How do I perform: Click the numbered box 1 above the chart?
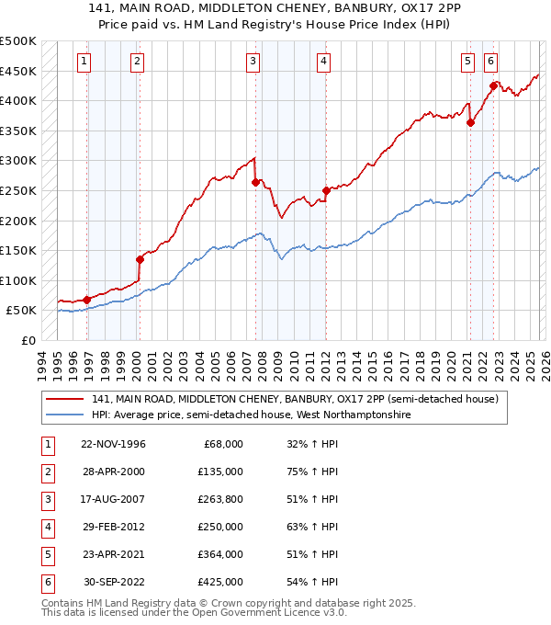(84, 62)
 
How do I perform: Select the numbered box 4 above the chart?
(324, 62)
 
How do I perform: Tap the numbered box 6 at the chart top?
(491, 62)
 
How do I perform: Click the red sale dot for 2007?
(255, 182)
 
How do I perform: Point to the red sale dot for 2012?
(326, 190)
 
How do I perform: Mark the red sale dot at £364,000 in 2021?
(470, 122)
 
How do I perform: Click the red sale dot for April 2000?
(140, 259)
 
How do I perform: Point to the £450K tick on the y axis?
(18, 71)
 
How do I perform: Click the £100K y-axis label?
(18, 280)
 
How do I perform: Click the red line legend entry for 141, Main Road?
(294, 400)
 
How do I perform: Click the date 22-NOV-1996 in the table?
(113, 444)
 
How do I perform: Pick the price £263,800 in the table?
(220, 499)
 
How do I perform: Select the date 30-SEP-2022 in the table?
(113, 582)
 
